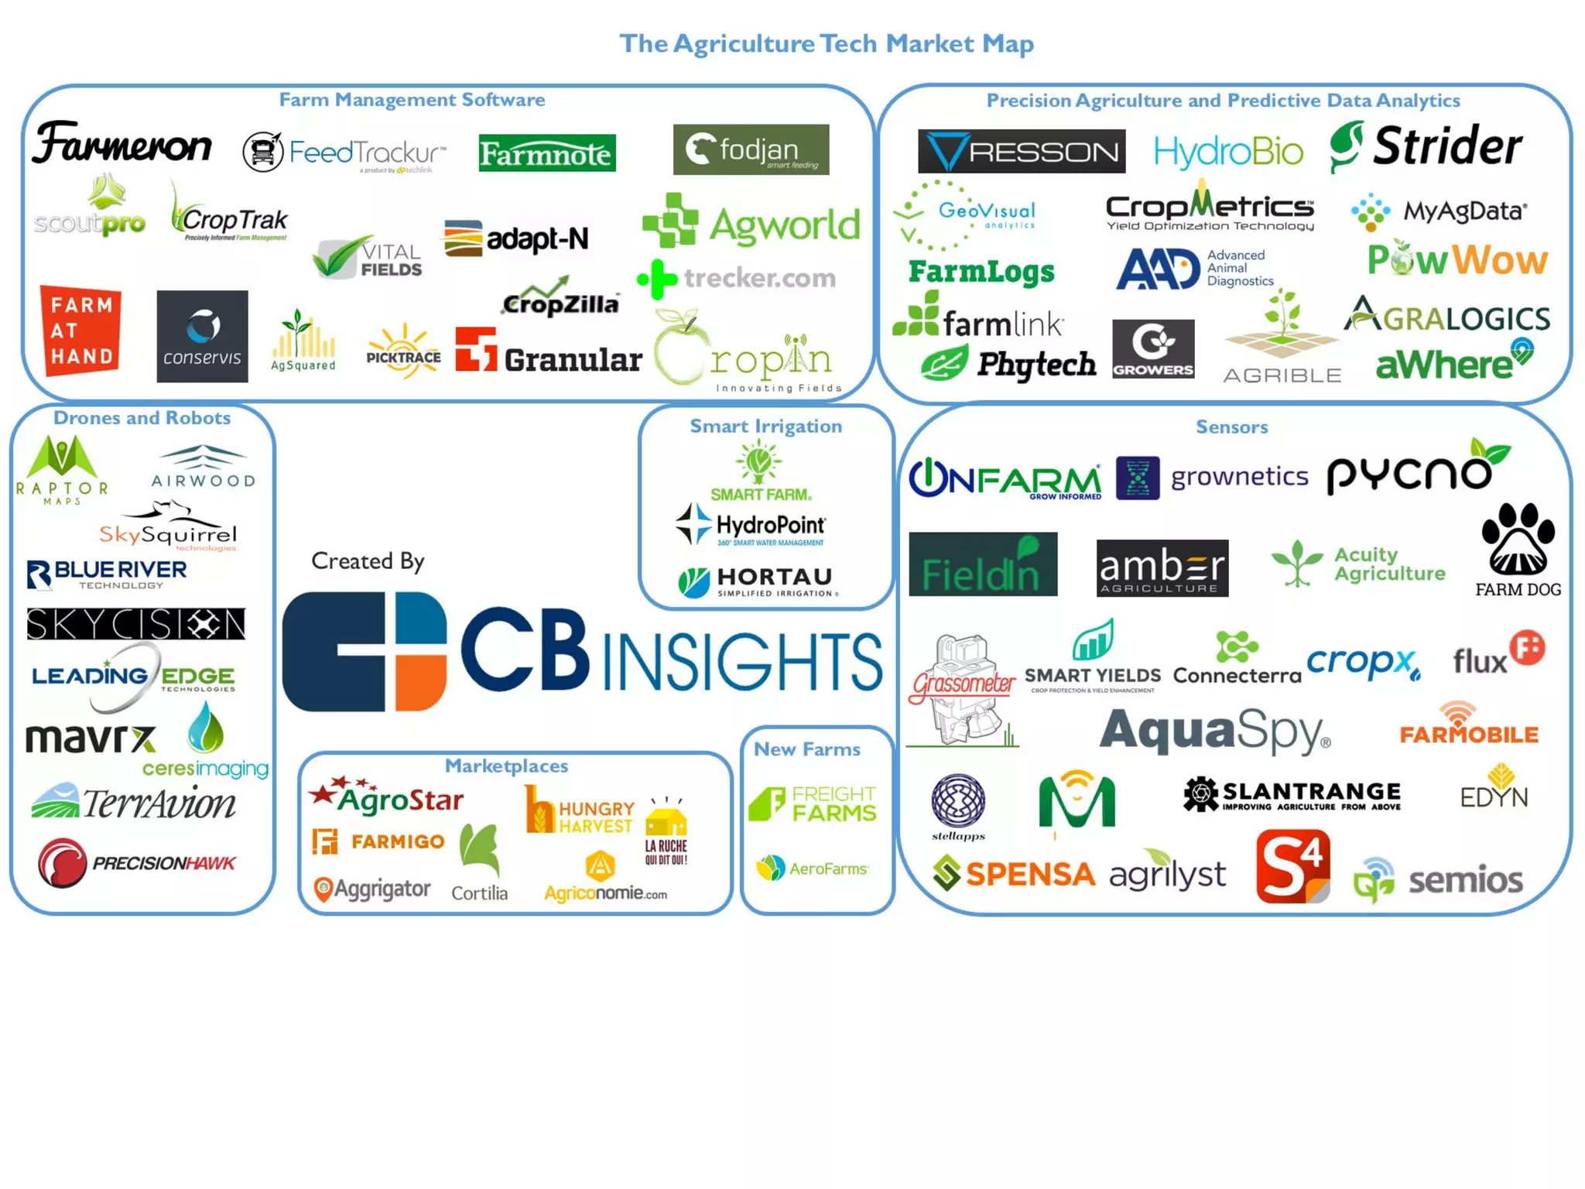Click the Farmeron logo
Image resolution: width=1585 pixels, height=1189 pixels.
click(x=122, y=144)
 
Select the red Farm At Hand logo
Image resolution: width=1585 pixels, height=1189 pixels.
click(x=80, y=331)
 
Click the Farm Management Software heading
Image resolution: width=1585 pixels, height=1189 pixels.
click(x=412, y=100)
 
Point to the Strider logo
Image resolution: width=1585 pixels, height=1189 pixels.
click(x=1426, y=146)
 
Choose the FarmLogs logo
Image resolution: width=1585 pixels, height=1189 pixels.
click(x=981, y=271)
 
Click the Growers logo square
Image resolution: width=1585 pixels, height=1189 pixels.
click(x=1152, y=349)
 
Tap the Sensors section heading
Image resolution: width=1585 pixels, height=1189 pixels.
click(x=1231, y=427)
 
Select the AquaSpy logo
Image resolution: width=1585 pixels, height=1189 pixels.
click(x=1214, y=732)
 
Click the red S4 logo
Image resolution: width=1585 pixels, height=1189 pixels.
click(x=1292, y=866)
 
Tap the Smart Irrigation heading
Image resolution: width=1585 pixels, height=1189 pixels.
click(x=765, y=426)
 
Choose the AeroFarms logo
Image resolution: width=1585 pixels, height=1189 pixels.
click(x=813, y=869)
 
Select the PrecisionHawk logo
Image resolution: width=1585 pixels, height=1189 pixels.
click(x=137, y=863)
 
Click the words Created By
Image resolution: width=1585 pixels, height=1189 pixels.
click(x=368, y=560)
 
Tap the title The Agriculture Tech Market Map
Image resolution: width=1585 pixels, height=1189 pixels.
click(x=826, y=43)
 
